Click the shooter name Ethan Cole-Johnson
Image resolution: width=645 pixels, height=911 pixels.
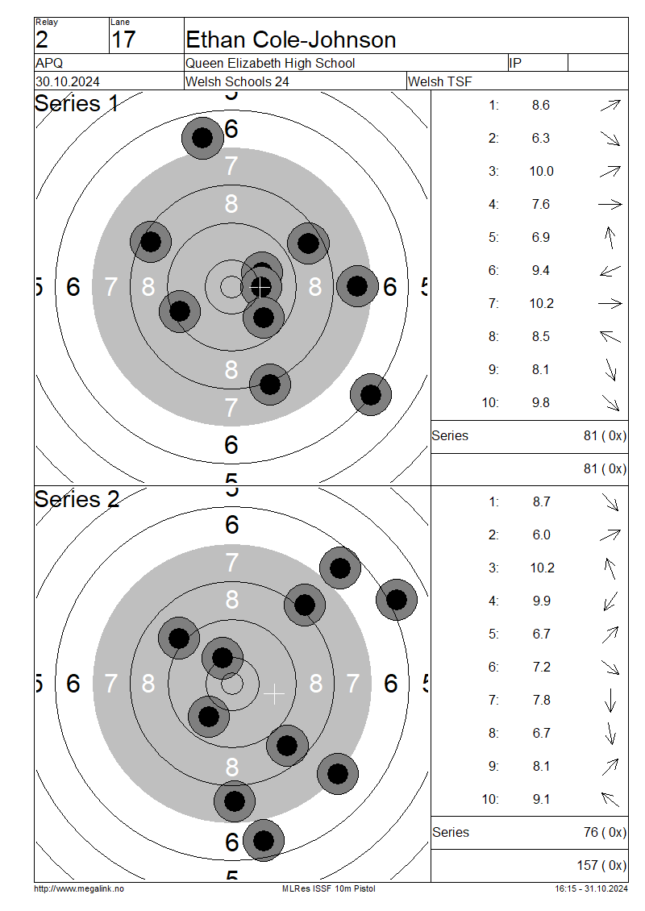click(x=290, y=40)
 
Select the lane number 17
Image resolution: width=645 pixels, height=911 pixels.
click(x=123, y=40)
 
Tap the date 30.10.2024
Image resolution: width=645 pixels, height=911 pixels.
click(x=68, y=82)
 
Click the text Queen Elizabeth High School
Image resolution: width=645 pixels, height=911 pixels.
click(x=270, y=64)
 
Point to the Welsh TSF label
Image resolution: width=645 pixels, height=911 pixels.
click(x=440, y=82)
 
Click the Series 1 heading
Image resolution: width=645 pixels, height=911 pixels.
click(x=76, y=103)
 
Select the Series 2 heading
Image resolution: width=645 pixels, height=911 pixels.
click(x=77, y=500)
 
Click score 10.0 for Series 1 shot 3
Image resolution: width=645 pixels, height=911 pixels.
click(x=541, y=172)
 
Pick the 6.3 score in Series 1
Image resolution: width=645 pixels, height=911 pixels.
click(x=540, y=139)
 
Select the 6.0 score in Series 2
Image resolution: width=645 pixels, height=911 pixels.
click(x=541, y=535)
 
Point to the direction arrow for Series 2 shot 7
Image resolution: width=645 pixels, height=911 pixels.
click(x=610, y=700)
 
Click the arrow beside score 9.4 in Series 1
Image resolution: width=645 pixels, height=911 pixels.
click(x=610, y=271)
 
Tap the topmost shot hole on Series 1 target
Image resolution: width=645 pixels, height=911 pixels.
click(x=203, y=139)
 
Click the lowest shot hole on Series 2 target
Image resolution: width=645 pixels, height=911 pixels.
click(x=263, y=840)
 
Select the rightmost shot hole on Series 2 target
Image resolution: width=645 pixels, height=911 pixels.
click(x=397, y=600)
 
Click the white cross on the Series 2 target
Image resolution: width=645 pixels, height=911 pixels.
click(x=273, y=693)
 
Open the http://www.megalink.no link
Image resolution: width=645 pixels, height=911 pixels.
click(x=79, y=889)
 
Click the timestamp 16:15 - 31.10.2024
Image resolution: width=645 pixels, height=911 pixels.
click(x=591, y=889)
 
